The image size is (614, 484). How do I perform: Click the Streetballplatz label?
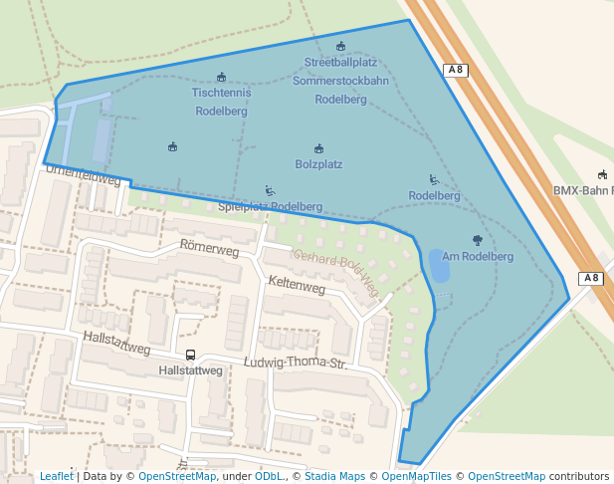tap(340, 62)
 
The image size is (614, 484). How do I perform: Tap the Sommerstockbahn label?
tap(340, 81)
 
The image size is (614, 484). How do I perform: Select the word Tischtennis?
tap(221, 93)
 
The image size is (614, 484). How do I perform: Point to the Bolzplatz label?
tap(318, 164)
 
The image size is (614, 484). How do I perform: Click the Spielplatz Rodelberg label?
tap(270, 207)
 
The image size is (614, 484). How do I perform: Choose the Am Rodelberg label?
tap(478, 256)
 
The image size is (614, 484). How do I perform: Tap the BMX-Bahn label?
tap(583, 190)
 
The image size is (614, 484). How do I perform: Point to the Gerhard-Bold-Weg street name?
tap(335, 272)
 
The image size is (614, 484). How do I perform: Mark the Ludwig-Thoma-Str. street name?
tap(296, 363)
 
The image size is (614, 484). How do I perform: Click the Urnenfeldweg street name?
tap(84, 176)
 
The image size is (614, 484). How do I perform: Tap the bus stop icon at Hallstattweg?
tap(190, 355)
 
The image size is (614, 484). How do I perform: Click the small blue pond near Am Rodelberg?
tap(439, 266)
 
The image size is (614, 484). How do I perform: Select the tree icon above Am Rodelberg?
tap(478, 240)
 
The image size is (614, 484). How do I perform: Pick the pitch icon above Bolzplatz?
tap(318, 148)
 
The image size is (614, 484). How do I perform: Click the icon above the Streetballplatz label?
tap(340, 46)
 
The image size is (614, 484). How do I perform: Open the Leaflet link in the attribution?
tap(56, 477)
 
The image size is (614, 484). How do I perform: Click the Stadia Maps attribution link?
tap(335, 477)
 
